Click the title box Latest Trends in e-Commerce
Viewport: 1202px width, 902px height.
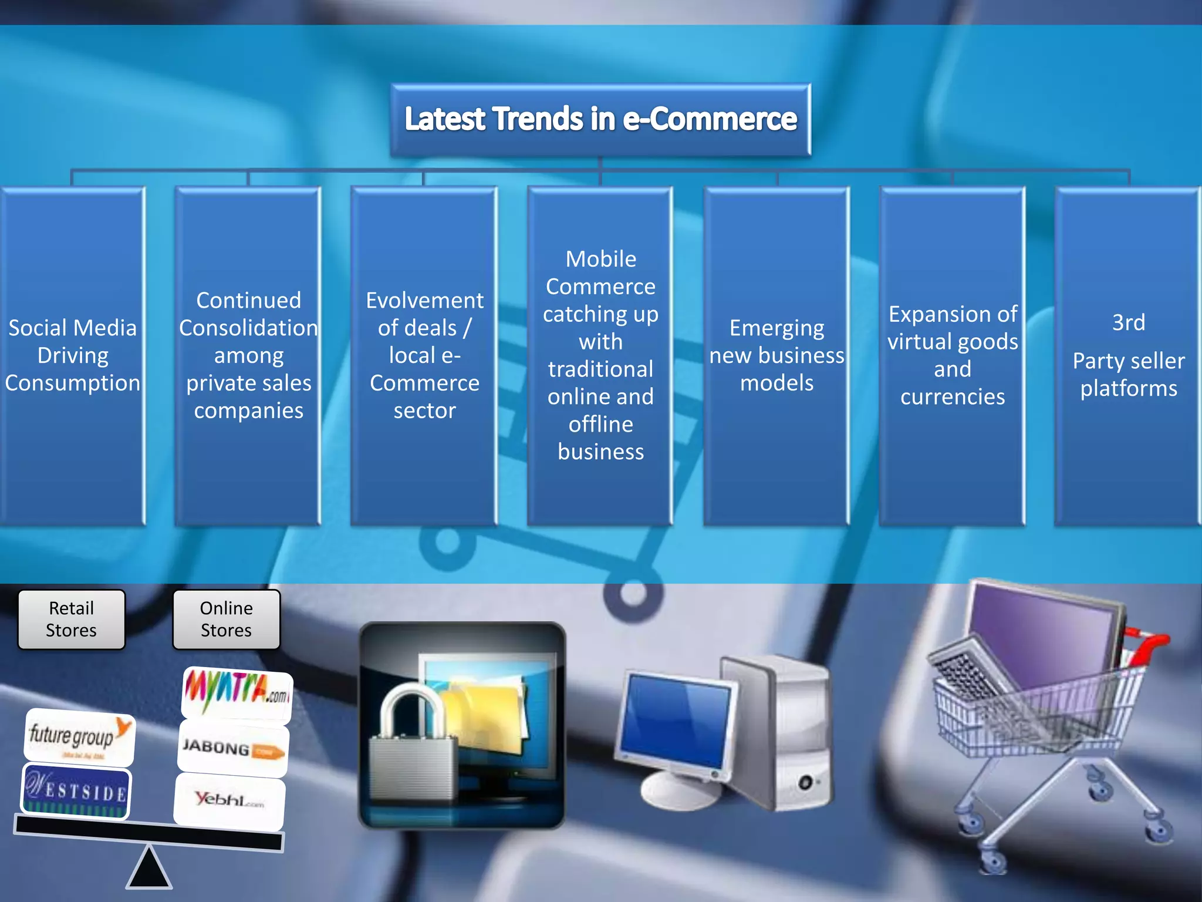pyautogui.click(x=600, y=119)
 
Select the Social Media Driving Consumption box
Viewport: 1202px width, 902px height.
pyautogui.click(x=72, y=355)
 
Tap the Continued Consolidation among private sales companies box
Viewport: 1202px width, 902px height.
pyautogui.click(x=248, y=355)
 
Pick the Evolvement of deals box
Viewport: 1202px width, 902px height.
pyautogui.click(x=424, y=355)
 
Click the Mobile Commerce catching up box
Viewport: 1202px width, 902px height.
pyautogui.click(x=600, y=355)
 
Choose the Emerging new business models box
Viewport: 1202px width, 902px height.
pyautogui.click(x=776, y=355)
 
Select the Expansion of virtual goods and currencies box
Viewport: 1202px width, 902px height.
pyautogui.click(x=953, y=355)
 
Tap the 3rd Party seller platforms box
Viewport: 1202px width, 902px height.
pyautogui.click(x=1128, y=355)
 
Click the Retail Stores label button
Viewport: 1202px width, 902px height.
pyautogui.click(x=72, y=620)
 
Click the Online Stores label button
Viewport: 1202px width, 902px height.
pyautogui.click(x=226, y=620)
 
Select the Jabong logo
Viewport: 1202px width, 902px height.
pyautogui.click(x=233, y=749)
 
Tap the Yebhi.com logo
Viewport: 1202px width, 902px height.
pyautogui.click(x=229, y=800)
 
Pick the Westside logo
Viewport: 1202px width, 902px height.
pyautogui.click(x=76, y=791)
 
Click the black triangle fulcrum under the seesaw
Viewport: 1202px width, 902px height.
pyautogui.click(x=149, y=869)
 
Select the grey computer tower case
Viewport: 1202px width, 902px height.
pyautogui.click(x=781, y=734)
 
